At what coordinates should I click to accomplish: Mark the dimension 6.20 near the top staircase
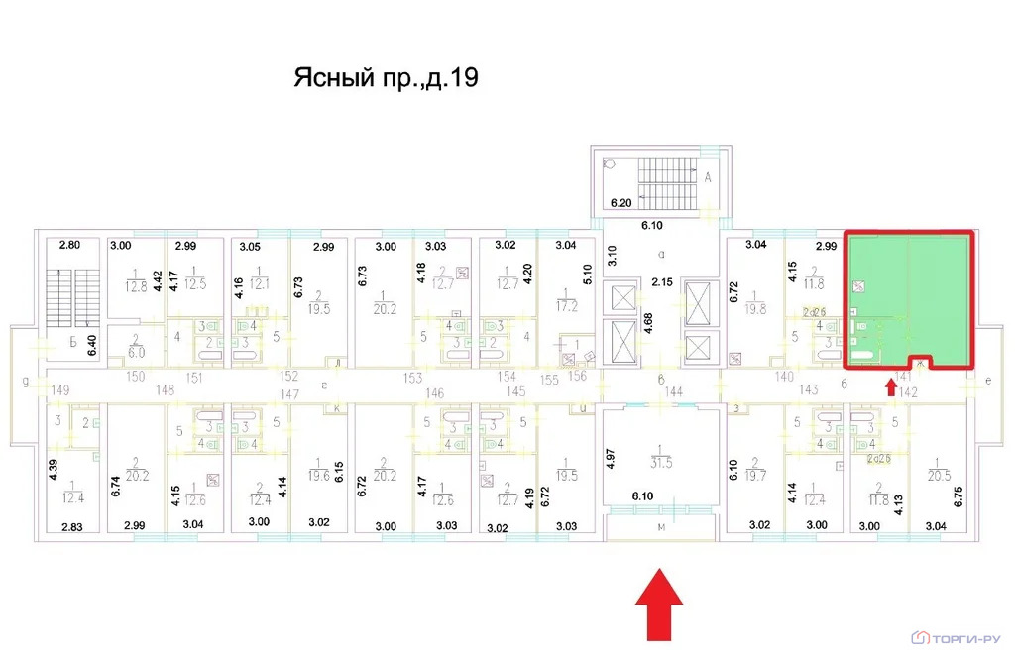point(621,203)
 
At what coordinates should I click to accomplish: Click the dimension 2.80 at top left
point(68,245)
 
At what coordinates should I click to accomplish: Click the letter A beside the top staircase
point(709,178)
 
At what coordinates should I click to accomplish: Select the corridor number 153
point(413,377)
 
